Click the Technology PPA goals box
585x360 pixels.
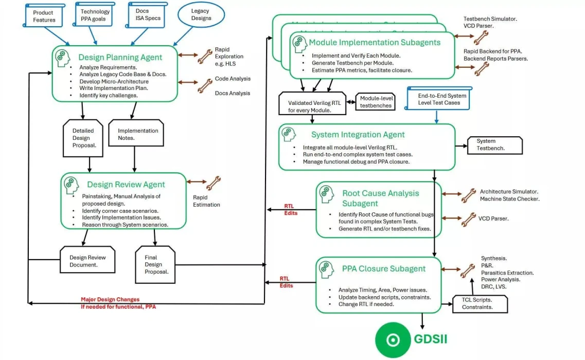95,15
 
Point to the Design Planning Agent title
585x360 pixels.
120,58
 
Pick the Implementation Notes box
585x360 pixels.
137,134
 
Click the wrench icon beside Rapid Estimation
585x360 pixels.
212,182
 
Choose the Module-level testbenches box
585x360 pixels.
376,102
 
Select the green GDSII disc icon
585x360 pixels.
393,340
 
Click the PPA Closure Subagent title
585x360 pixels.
383,268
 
